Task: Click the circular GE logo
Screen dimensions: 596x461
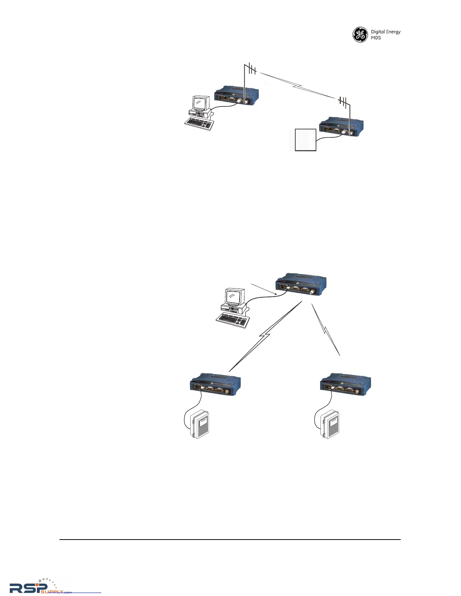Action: click(360, 35)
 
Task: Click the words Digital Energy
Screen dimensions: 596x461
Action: click(386, 32)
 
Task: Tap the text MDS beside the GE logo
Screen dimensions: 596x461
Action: click(376, 38)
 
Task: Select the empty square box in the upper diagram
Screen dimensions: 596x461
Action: click(305, 140)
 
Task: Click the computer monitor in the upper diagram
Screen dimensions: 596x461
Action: click(200, 103)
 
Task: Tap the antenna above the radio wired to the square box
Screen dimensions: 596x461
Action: click(343, 102)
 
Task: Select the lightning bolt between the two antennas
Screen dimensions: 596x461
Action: click(298, 86)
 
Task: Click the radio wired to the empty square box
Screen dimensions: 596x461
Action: click(341, 129)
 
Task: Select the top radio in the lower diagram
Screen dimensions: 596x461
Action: click(301, 284)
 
